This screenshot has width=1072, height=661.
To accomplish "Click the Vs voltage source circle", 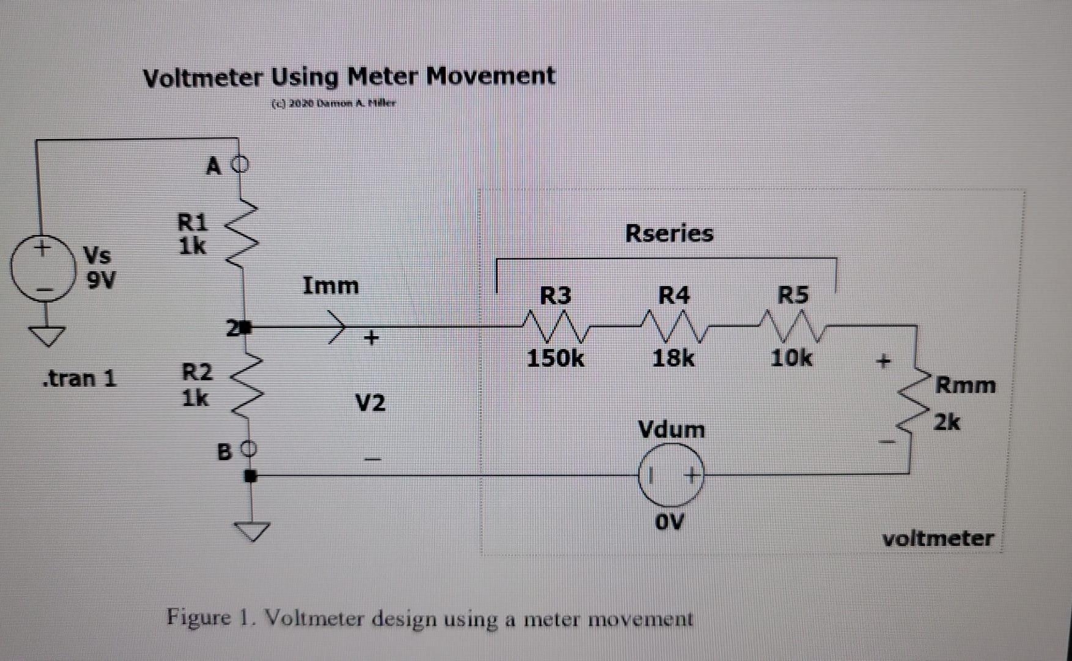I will coord(42,270).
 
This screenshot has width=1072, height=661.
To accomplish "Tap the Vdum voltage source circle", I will coord(671,475).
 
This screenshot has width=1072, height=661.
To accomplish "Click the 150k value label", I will coord(555,358).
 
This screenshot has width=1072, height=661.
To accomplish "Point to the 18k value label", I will coord(673,358).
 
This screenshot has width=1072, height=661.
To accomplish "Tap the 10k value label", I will coord(791,357).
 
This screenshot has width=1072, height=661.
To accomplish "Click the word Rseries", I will coord(669,233).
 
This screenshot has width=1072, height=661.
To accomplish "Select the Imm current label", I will coord(331,286).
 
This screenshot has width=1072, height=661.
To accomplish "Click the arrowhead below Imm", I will coord(338,326).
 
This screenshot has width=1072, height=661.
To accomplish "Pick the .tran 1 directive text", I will coord(79,378).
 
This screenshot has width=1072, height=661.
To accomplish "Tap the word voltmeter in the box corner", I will coord(937,539).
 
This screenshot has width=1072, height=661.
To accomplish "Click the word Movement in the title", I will coord(490,76).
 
